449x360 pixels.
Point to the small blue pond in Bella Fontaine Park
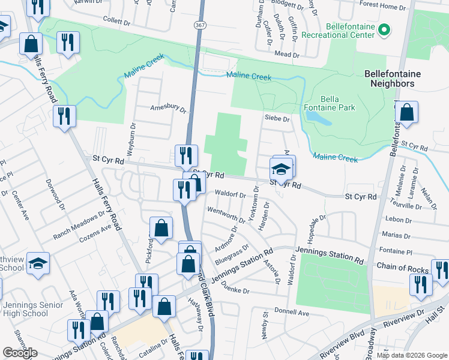coord(322,119)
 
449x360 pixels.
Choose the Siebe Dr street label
coord(277,119)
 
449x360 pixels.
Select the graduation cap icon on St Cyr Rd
coord(281,168)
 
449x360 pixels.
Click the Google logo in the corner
coord(20,353)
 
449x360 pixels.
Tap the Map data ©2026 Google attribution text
coord(412,355)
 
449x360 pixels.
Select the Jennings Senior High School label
coord(25,309)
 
